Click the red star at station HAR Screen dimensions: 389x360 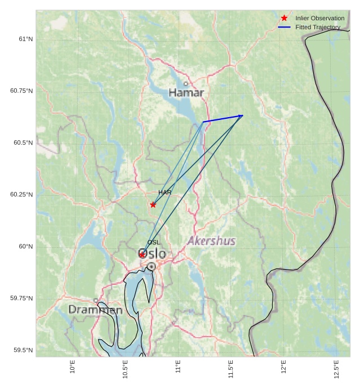[x=153, y=204]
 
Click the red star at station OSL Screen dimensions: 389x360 [x=142, y=254]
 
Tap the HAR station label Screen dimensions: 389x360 [x=165, y=193]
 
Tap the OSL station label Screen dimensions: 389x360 [x=154, y=242]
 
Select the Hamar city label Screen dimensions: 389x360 [x=186, y=92]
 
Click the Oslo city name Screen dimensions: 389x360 [x=153, y=254]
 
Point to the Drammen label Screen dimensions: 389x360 [x=95, y=310]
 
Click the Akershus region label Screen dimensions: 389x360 [x=211, y=241]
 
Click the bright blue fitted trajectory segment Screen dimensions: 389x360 [x=223, y=118]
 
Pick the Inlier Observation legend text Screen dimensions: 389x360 [x=319, y=19]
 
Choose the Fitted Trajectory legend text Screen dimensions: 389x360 [x=318, y=27]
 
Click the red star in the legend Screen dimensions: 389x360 [x=284, y=19]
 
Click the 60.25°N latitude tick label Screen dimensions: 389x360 [x=22, y=194]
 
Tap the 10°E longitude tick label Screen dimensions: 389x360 [x=72, y=367]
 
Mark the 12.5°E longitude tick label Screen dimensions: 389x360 [x=336, y=368]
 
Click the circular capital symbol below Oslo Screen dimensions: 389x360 [x=151, y=266]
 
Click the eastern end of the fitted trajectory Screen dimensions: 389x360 [x=243, y=115]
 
